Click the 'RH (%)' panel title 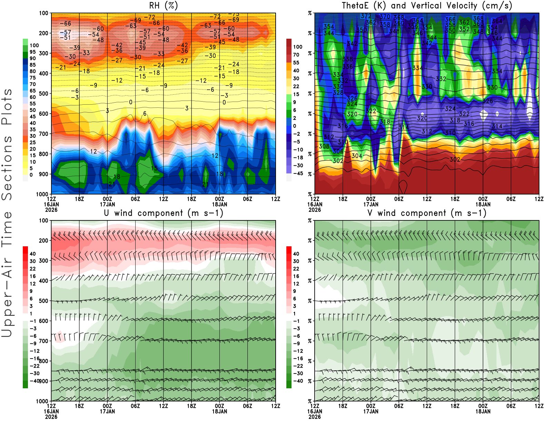click(x=163, y=6)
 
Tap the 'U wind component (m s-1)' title click(x=163, y=213)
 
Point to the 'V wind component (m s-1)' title click(x=427, y=213)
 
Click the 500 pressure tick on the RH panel click(x=43, y=94)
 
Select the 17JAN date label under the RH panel click(x=107, y=204)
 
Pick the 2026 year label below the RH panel click(x=51, y=210)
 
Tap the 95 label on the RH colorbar click(x=32, y=52)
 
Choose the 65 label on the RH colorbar click(x=32, y=91)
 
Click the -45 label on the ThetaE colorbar click(x=298, y=173)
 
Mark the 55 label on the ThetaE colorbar click(x=296, y=63)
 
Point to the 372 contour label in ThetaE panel click(x=366, y=16)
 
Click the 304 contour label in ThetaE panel click(x=357, y=156)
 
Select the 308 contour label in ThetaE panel click(x=324, y=146)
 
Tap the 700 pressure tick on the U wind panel click(x=43, y=341)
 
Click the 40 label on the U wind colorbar click(x=32, y=254)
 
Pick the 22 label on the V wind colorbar click(x=296, y=268)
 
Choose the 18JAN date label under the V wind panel click(x=483, y=411)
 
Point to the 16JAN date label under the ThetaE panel click(x=315, y=204)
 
